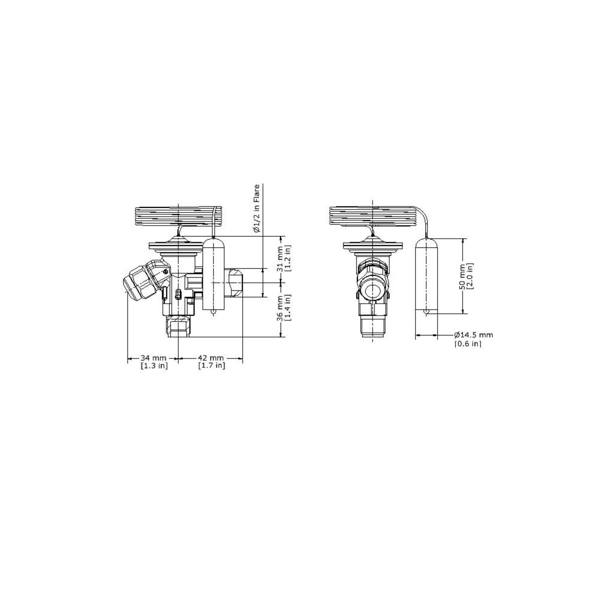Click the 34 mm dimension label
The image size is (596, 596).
tap(153, 358)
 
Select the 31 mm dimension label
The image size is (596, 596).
tap(281, 259)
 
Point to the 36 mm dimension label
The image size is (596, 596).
tap(281, 308)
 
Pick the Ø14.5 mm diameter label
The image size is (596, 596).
tap(474, 335)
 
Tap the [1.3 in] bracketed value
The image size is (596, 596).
tap(154, 366)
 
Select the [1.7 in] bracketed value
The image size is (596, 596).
tap(212, 366)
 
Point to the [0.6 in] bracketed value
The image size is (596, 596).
tap(468, 344)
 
